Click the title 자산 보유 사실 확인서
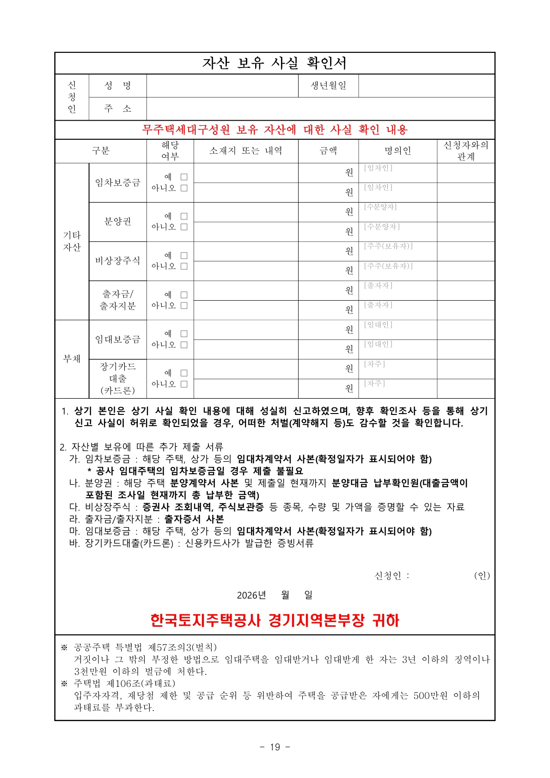pos(275,63)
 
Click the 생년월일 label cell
pos(328,86)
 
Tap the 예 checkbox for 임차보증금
pos(184,177)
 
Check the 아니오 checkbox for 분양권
pos(184,227)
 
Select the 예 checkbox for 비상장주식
pos(184,256)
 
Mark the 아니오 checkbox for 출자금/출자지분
pos(184,306)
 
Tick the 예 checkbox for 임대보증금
pos(184,334)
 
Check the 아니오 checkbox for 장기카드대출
pos(184,384)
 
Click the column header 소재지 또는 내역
pos(245,151)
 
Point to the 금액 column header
pos(328,151)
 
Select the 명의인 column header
pos(397,151)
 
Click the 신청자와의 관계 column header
pos(466,151)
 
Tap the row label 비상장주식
pos(118,261)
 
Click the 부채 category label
pos(72,359)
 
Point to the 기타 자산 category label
pos(72,241)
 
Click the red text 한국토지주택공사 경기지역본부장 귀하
pos(275,620)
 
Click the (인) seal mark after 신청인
pos(482,575)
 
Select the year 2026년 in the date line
pos(251,595)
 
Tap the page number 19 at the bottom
pos(275,747)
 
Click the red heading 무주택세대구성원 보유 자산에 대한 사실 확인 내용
pos(275,130)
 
